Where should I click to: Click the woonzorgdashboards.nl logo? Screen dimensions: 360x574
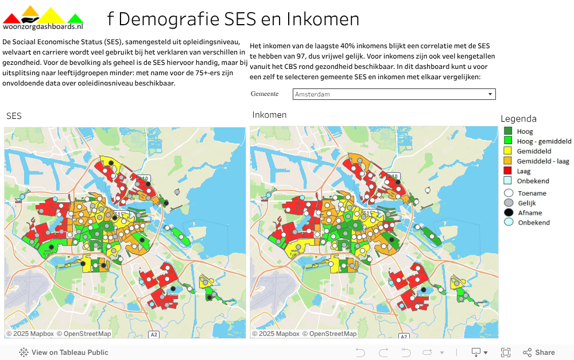43,18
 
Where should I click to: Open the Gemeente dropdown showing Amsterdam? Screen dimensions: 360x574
394,94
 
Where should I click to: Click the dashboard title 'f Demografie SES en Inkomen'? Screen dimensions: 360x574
233,19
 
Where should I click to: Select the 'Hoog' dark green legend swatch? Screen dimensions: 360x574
508,131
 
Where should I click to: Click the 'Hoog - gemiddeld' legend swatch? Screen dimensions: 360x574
508,141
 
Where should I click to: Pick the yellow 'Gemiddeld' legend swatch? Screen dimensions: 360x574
508,151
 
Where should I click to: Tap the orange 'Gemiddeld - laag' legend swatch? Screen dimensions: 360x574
508,161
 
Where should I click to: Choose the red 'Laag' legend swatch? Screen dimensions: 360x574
508,171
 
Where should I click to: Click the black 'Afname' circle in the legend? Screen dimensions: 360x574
508,212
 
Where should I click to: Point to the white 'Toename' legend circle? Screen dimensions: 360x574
508,193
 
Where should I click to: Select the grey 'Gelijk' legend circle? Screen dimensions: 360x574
508,203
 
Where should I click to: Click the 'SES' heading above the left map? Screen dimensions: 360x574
14,116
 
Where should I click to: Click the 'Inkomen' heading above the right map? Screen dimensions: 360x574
269,115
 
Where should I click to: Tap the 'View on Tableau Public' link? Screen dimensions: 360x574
64,353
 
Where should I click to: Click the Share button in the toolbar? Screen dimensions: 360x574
538,353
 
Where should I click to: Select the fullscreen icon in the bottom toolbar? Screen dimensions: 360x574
506,353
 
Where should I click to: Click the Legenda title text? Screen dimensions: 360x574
518,119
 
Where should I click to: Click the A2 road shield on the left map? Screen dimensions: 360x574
154,334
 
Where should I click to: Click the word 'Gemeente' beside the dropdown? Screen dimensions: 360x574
265,94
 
